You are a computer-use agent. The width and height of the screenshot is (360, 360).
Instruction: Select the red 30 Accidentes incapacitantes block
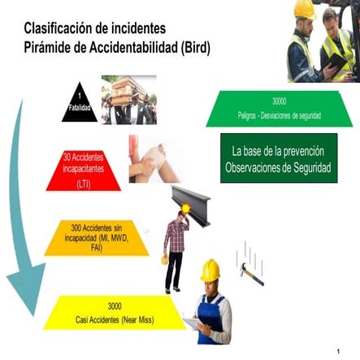click(x=84, y=171)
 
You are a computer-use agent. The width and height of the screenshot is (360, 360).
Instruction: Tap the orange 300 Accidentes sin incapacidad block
click(x=97, y=237)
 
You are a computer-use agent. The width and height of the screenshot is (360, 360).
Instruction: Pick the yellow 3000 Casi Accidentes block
click(x=115, y=313)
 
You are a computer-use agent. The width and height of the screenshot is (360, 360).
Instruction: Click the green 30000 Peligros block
click(x=280, y=109)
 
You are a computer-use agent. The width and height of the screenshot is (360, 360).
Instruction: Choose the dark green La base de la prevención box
click(x=279, y=158)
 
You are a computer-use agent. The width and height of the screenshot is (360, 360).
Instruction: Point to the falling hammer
click(x=252, y=274)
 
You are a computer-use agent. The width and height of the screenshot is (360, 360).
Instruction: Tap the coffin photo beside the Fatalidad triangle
click(x=129, y=100)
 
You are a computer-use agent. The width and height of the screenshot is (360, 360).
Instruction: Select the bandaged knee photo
click(x=154, y=159)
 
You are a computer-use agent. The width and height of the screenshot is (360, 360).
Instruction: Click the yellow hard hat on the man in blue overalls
click(x=210, y=271)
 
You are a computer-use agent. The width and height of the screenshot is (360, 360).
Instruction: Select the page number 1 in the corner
click(x=338, y=352)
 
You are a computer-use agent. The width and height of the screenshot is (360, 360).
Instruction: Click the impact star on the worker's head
click(x=186, y=208)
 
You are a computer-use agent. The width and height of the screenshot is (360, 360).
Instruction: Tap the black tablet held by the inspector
click(x=335, y=61)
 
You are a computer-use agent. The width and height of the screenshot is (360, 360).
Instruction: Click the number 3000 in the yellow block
click(x=115, y=306)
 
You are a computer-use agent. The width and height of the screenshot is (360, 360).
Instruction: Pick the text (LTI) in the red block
click(x=84, y=184)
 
